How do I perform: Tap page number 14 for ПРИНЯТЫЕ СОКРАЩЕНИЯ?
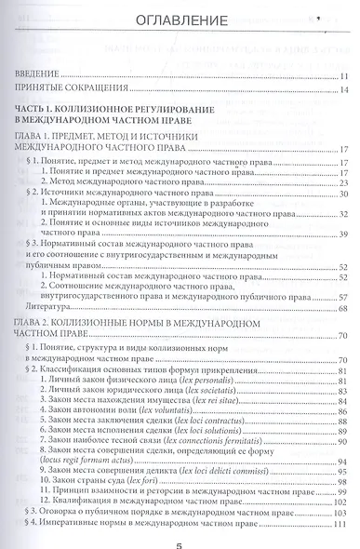[x=343, y=90]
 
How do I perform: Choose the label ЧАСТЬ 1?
[x=37, y=110]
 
